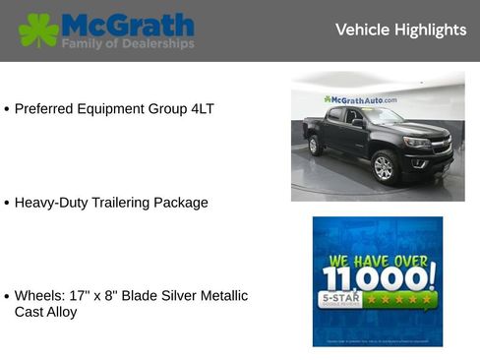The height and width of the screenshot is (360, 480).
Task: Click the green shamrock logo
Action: [38, 30]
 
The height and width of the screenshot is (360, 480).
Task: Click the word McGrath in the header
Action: [127, 25]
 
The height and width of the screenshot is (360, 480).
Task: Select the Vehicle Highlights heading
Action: [400, 30]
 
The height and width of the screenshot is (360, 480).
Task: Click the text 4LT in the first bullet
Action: [202, 108]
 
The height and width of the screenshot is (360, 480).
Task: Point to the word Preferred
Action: [46, 108]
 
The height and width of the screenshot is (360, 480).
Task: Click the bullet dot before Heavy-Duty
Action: [7, 204]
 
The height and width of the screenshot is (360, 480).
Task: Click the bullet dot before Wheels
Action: [7, 296]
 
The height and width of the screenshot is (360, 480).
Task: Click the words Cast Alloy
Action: [45, 312]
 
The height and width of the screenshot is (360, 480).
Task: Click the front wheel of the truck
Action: [384, 167]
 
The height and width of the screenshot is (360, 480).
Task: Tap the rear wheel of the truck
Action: [316, 146]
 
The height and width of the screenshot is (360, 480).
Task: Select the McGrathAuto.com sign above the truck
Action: [361, 99]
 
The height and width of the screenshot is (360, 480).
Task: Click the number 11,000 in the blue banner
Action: [378, 277]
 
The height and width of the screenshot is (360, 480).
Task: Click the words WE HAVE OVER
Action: [378, 260]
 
